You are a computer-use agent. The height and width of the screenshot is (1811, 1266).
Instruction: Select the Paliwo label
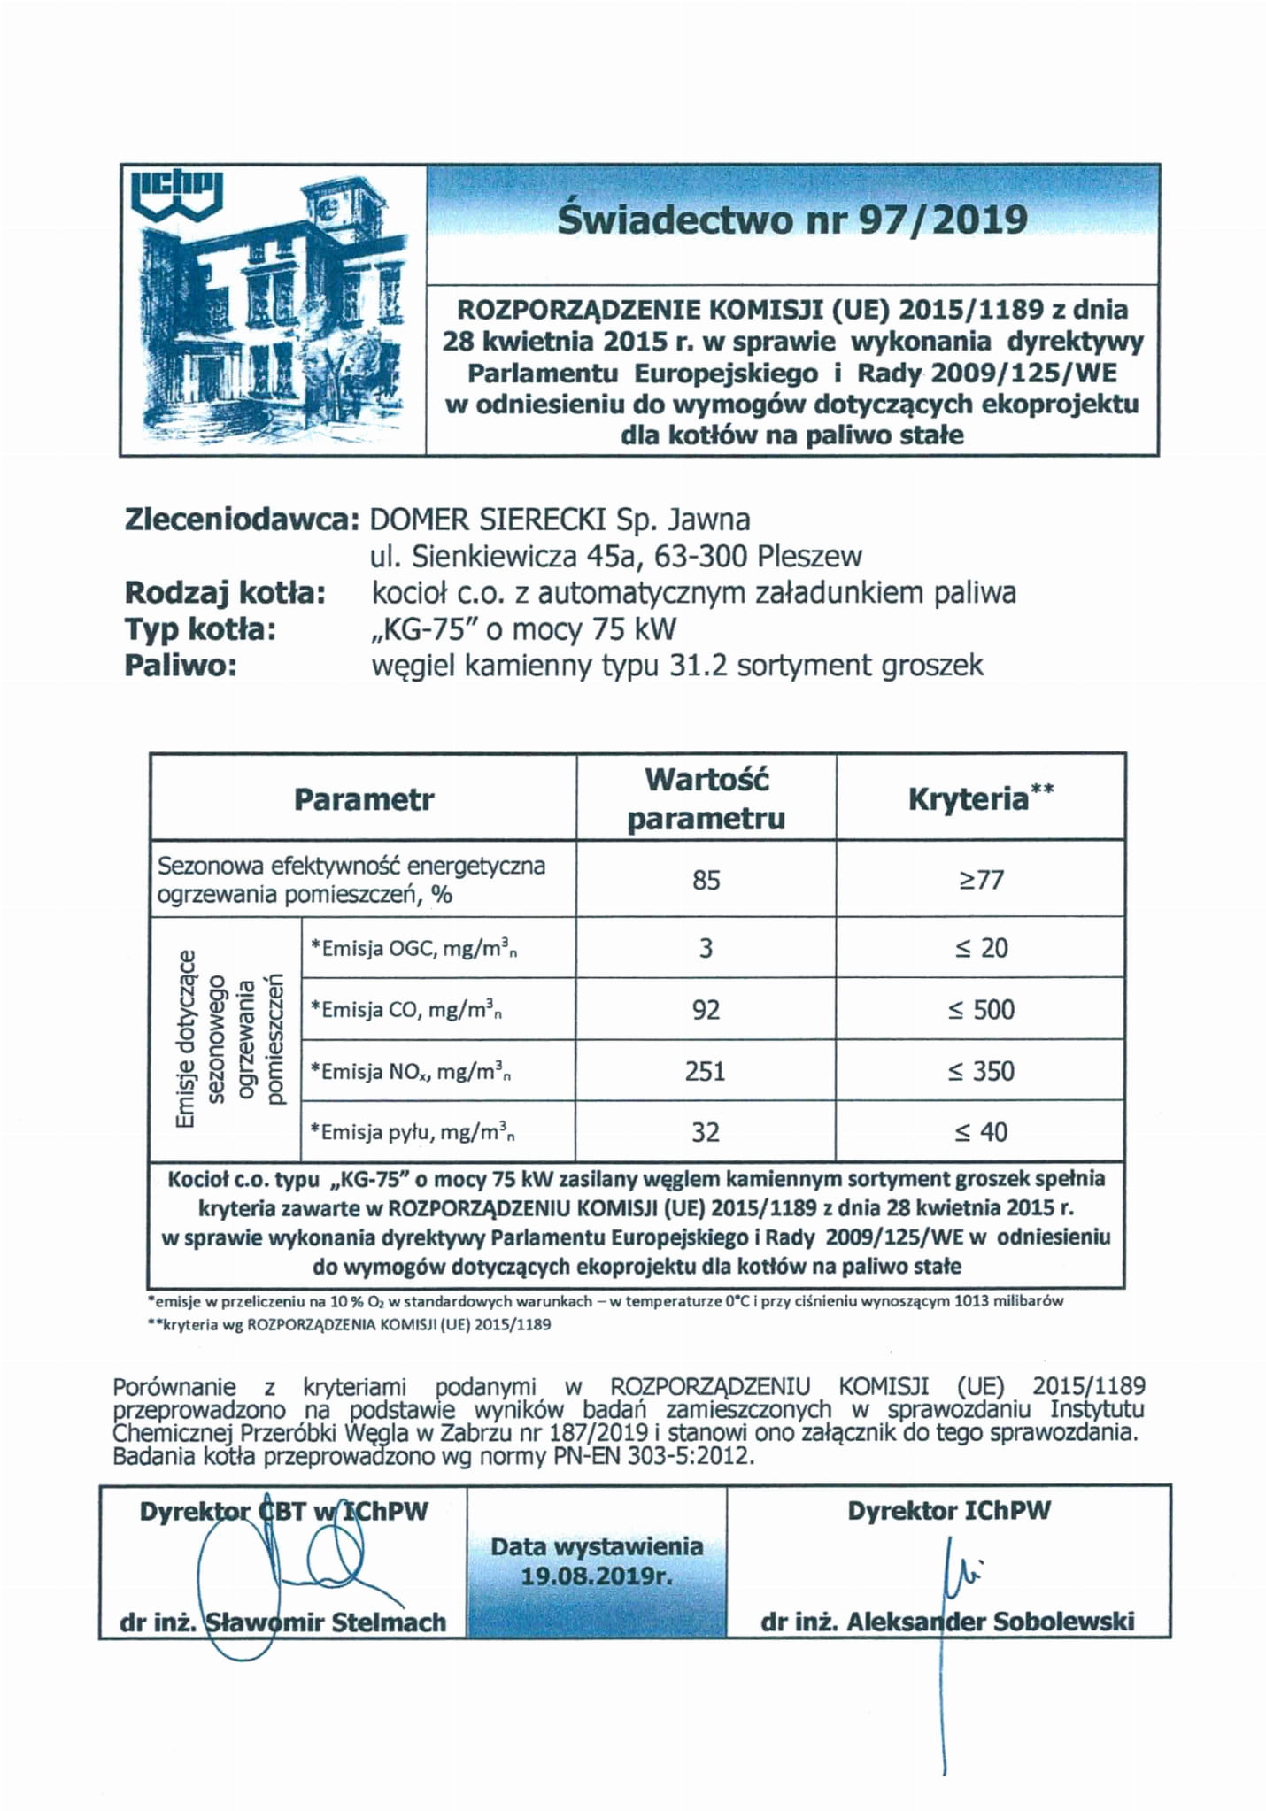click(181, 666)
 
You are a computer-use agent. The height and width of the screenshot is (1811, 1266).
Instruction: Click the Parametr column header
click(364, 800)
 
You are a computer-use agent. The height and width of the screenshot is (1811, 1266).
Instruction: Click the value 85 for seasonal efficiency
click(706, 881)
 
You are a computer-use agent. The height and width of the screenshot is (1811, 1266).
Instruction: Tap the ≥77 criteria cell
click(981, 881)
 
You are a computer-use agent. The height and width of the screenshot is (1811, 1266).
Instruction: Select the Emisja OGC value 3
click(706, 949)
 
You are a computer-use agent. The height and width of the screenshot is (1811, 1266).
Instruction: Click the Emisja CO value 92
click(706, 1010)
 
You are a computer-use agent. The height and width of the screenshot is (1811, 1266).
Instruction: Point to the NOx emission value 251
click(706, 1072)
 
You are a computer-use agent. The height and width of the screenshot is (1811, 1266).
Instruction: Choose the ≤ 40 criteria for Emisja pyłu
click(981, 1133)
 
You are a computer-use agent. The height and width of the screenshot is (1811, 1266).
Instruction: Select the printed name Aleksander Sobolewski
click(990, 1622)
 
